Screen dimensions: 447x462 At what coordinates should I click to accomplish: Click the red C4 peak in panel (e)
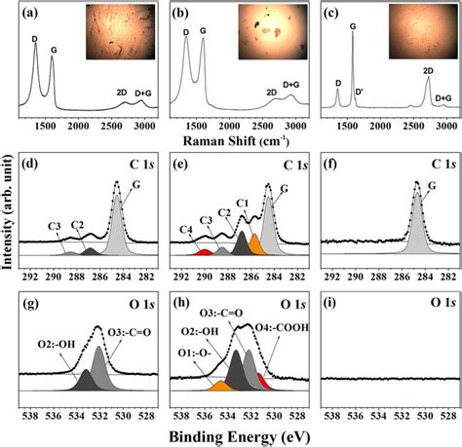[x=204, y=252]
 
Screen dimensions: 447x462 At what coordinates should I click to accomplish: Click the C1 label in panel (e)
[x=243, y=203]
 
